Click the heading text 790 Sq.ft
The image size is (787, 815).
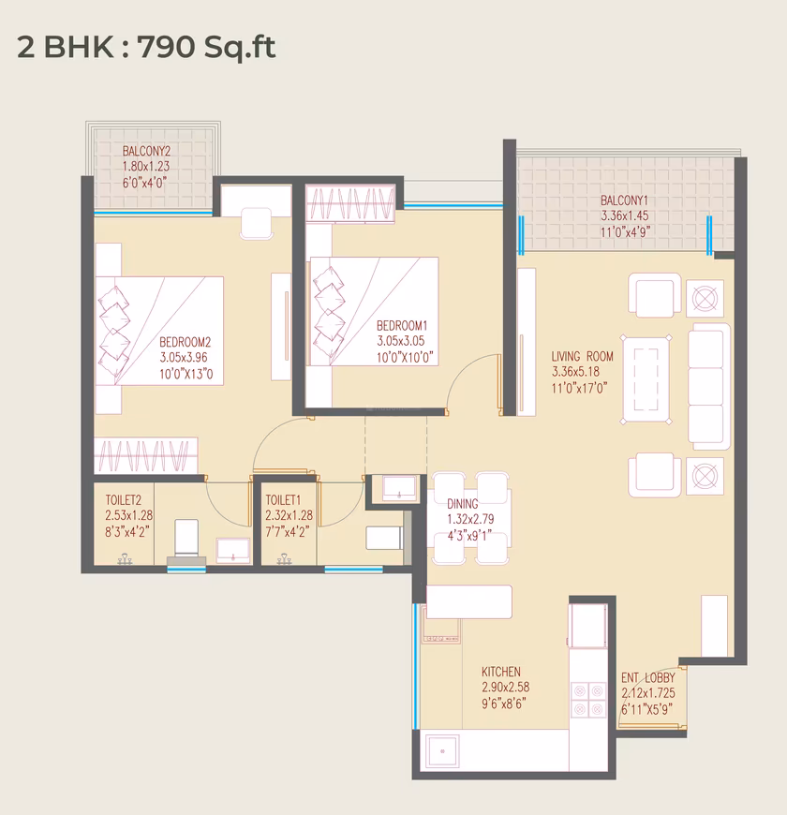point(206,47)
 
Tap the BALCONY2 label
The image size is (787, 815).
point(146,151)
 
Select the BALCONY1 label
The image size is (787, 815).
point(624,200)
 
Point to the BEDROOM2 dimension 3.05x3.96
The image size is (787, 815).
point(184,358)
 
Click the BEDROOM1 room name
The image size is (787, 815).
point(402,325)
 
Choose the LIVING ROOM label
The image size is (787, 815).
point(582,356)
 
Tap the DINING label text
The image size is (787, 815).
point(462,504)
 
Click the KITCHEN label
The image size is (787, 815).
point(500,672)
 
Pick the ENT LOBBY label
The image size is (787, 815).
point(647,678)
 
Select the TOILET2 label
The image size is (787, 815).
point(123,500)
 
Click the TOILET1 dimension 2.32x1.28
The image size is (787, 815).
point(289,515)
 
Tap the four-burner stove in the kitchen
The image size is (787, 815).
point(588,700)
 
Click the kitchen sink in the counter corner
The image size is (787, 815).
point(442,751)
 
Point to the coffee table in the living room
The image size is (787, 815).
point(646,379)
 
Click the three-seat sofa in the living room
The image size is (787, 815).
point(708,386)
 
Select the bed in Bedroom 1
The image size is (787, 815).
point(374,311)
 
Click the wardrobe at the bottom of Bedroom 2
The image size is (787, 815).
point(145,454)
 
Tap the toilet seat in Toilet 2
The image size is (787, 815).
point(186,538)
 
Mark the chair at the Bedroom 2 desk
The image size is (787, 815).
point(257,224)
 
